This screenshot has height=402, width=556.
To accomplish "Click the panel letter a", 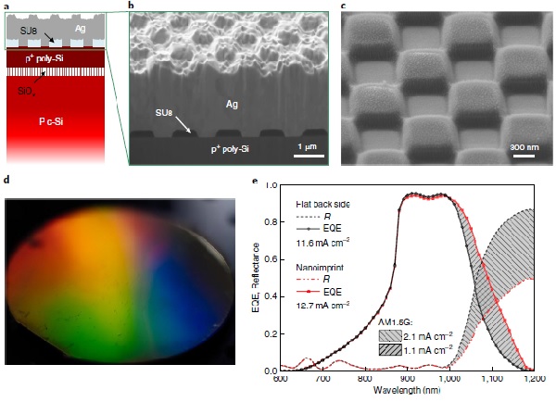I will point(7,6).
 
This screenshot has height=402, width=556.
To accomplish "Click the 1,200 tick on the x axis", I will point(533,379).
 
